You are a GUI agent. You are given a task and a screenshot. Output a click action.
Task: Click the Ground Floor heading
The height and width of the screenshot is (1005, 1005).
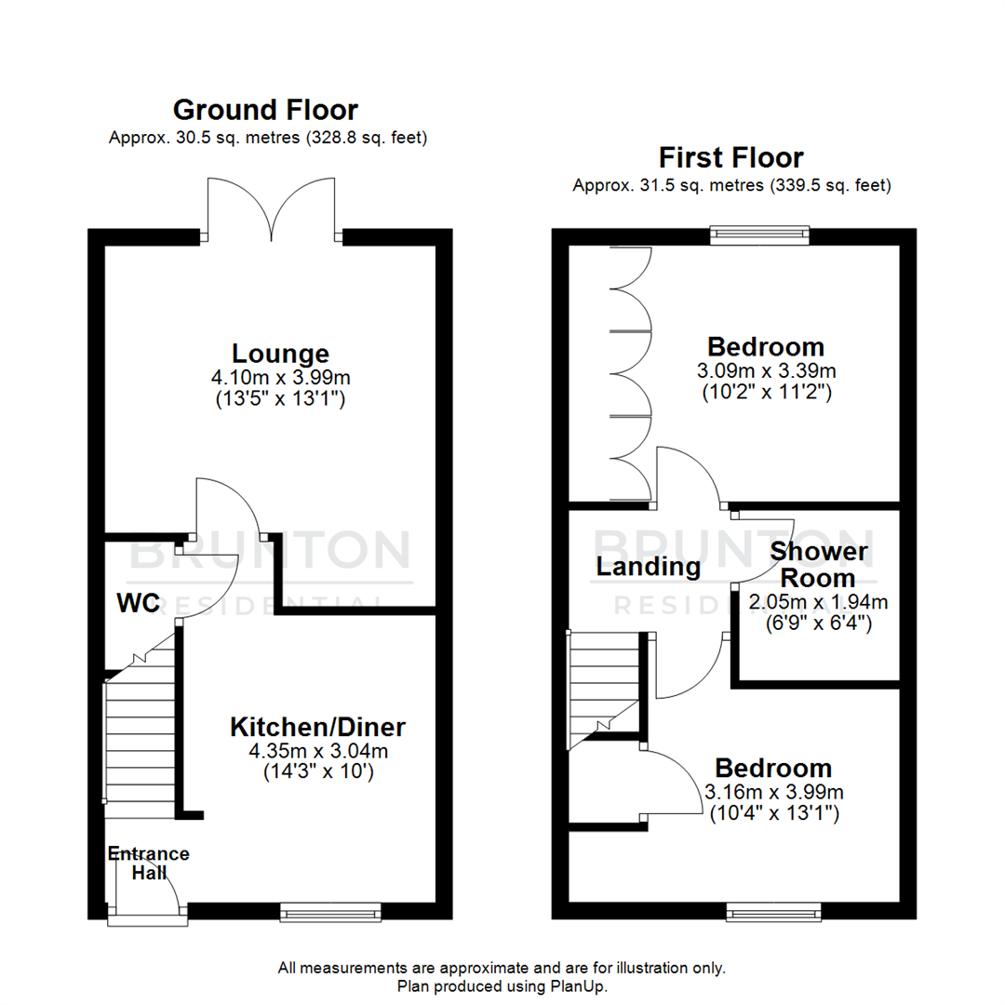pyautogui.click(x=265, y=110)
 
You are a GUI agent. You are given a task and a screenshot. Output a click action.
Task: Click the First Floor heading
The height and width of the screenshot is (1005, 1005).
pyautogui.click(x=730, y=156)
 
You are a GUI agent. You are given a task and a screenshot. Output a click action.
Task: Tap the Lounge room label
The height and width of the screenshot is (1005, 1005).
pyautogui.click(x=280, y=354)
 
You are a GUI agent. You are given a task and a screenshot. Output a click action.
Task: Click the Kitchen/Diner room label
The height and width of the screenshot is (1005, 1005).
pyautogui.click(x=318, y=726)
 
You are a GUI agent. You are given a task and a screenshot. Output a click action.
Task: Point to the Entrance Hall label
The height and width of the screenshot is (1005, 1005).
pyautogui.click(x=148, y=864)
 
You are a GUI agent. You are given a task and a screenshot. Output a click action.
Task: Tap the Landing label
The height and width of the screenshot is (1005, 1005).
pyautogui.click(x=649, y=566)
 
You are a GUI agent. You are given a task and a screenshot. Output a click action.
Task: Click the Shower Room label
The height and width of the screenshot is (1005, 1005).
pyautogui.click(x=818, y=564)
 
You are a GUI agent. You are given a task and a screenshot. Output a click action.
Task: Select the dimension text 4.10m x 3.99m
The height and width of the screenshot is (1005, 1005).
pyautogui.click(x=280, y=378)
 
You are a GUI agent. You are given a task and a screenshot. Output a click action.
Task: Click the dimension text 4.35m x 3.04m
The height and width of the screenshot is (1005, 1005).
pyautogui.click(x=318, y=750)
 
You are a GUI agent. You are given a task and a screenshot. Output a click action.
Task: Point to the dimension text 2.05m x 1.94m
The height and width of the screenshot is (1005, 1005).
pyautogui.click(x=818, y=602)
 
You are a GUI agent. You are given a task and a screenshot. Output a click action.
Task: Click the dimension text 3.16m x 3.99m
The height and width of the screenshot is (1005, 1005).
pyautogui.click(x=772, y=793)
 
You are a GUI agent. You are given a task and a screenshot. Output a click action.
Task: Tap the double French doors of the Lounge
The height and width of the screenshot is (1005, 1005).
pyautogui.click(x=271, y=209)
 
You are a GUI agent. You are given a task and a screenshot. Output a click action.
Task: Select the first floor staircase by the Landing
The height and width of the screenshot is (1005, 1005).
pyautogui.click(x=603, y=684)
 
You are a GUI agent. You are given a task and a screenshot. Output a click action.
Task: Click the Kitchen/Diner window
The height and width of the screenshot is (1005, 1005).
pyautogui.click(x=330, y=913)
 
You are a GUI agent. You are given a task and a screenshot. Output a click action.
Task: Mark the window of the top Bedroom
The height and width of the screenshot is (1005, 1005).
pyautogui.click(x=759, y=234)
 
